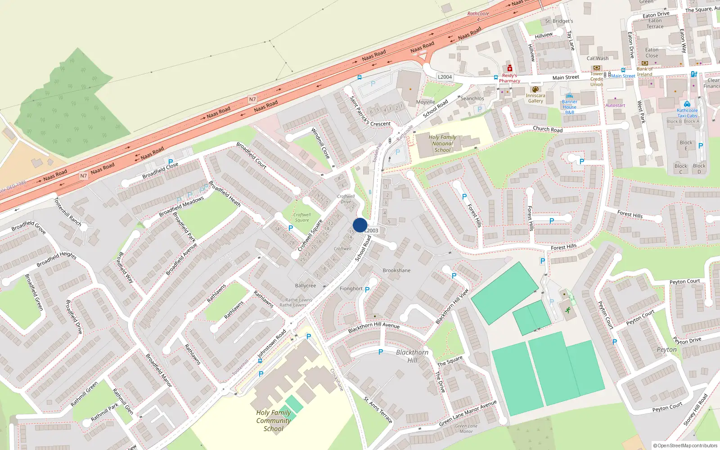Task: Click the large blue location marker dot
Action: [360, 225]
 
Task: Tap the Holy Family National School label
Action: [442, 144]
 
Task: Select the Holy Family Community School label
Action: [273, 421]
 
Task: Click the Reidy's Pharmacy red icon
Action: [509, 68]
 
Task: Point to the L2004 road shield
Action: [445, 77]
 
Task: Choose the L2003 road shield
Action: [372, 230]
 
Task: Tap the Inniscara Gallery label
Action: [535, 98]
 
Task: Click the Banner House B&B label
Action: [569, 107]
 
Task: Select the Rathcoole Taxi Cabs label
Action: [687, 113]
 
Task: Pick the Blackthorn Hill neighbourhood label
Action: [412, 356]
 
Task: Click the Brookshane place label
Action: [396, 270]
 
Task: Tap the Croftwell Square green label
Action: [302, 217]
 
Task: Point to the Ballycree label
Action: [306, 286]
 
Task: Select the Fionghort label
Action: [351, 289]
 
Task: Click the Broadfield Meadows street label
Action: [181, 206]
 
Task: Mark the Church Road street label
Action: [548, 129]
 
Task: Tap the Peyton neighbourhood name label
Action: [666, 350]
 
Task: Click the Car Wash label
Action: [598, 58]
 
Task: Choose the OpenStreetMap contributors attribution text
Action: [687, 445]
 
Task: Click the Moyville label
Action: [426, 102]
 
